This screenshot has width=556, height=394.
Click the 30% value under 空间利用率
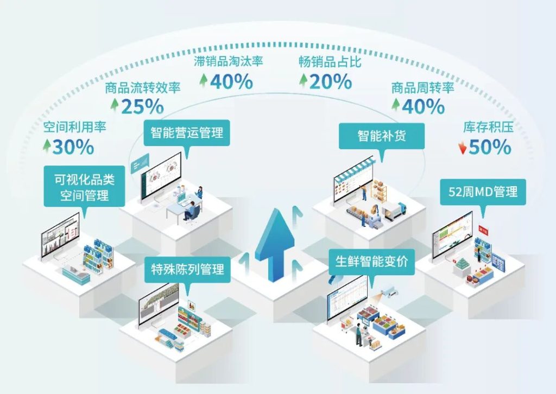[73, 147]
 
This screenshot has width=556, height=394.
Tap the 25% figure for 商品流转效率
[143, 107]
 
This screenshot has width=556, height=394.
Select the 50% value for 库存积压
[490, 147]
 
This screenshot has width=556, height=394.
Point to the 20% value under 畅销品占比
[331, 81]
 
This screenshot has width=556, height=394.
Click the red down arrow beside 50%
[463, 148]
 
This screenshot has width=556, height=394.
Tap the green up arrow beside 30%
[47, 145]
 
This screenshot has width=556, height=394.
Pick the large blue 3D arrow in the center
[274, 245]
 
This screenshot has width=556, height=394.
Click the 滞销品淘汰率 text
[229, 61]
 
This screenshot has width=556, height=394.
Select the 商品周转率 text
[422, 87]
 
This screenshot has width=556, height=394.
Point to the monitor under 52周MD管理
[452, 237]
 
